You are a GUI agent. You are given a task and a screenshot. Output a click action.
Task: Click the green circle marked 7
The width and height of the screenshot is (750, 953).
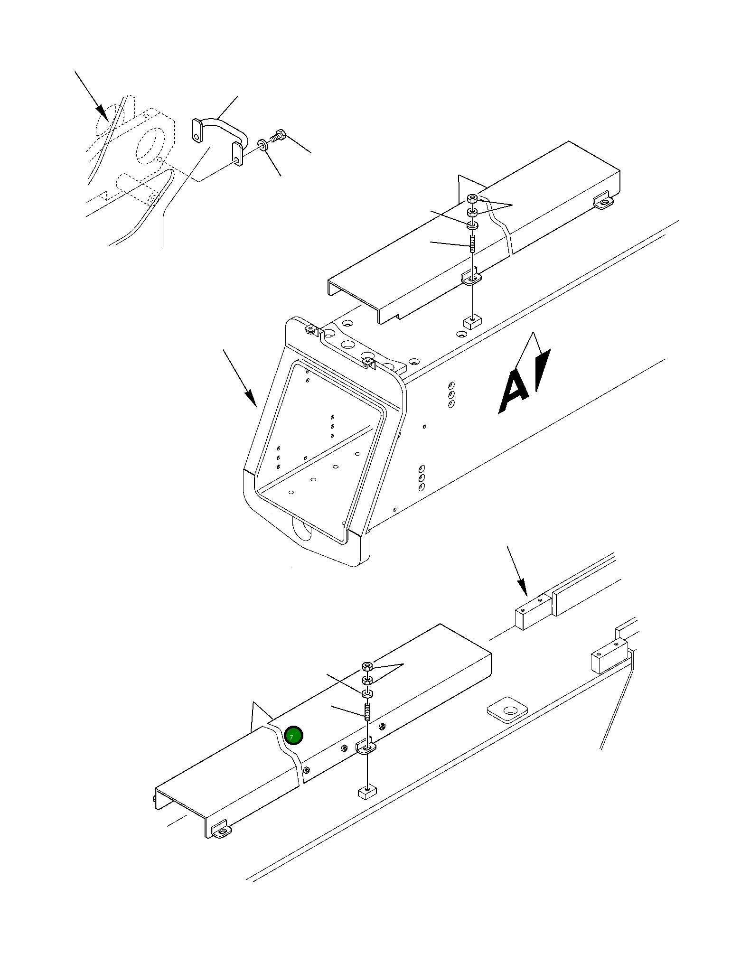coord(293,736)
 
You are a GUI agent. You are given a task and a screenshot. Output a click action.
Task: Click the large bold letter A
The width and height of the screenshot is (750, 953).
coord(514,391)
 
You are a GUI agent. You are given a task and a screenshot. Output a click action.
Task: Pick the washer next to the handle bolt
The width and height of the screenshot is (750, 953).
coord(262,144)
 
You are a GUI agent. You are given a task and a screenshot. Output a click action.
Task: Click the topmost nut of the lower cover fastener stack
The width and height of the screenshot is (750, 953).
coord(367,665)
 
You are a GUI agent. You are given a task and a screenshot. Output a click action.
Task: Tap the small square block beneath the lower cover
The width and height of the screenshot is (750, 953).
coord(366,791)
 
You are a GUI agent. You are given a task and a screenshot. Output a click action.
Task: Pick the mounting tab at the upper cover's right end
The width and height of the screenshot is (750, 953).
coord(602,201)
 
